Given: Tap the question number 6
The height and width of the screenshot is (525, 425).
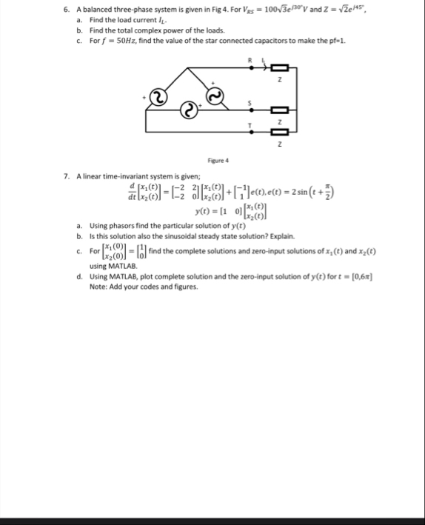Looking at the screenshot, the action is coord(67,9).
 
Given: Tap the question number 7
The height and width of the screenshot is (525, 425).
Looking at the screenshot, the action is coord(67,176).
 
